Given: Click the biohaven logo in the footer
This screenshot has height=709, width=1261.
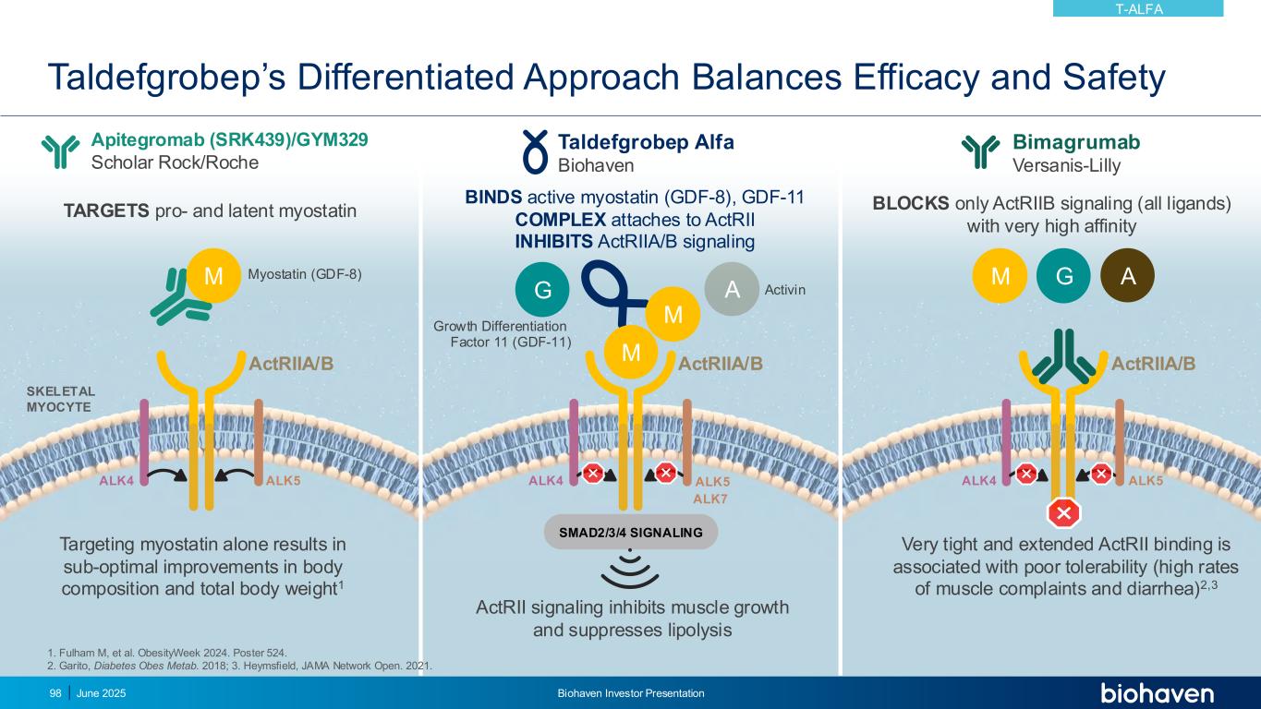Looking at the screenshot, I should (1157, 693).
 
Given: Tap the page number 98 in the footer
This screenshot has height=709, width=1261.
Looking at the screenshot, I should (55, 693).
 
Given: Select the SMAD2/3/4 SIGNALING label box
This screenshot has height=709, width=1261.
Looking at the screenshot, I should (631, 532).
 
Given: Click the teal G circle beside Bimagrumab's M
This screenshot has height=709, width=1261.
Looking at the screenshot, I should (1063, 275).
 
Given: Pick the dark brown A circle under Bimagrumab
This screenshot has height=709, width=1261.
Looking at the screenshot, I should (1127, 275).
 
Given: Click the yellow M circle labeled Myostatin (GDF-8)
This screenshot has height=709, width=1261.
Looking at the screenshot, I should (214, 275).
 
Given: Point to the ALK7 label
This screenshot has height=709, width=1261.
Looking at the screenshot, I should (710, 499).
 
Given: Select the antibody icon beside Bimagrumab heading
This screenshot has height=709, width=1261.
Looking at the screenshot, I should (981, 151).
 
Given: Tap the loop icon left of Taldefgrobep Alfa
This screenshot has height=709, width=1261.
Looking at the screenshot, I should (536, 151).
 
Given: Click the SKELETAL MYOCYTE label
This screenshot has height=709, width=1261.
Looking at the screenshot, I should (60, 399).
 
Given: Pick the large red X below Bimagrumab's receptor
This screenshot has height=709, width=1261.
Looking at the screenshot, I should (1063, 512).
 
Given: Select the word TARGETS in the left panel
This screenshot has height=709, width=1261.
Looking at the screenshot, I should (105, 211).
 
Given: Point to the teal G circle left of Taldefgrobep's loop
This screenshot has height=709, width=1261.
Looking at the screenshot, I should (542, 290).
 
